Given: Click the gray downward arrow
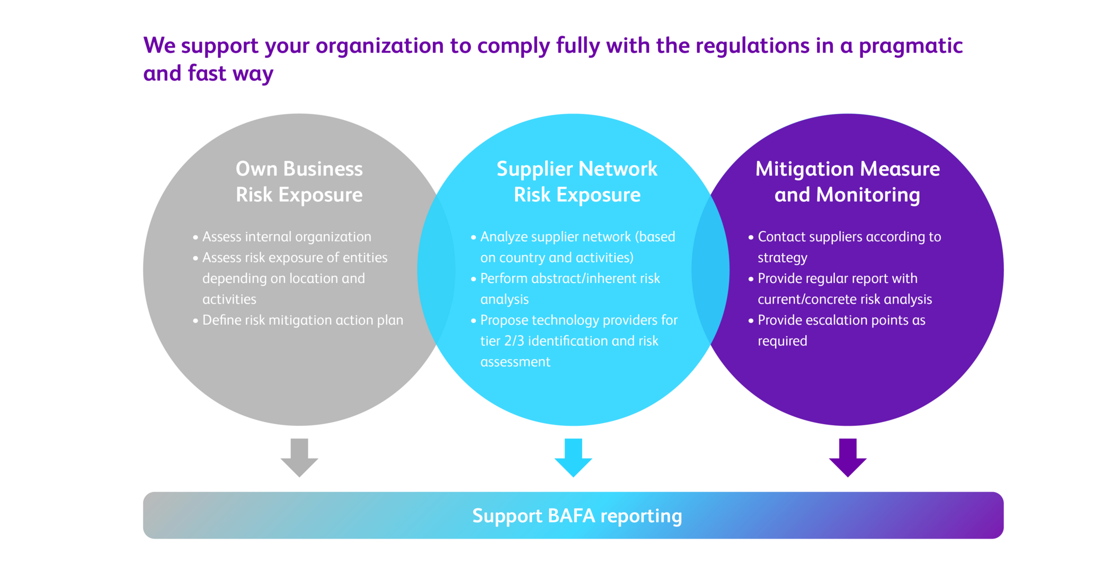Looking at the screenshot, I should click(299, 457).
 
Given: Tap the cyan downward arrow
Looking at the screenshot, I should click(573, 457).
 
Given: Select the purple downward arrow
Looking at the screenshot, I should click(848, 457).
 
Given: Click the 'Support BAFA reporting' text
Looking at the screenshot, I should click(577, 516).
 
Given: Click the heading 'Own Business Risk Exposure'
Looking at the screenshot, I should click(299, 182).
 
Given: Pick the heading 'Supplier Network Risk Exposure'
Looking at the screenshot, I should click(577, 182).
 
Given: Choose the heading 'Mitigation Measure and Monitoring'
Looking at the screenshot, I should click(848, 182).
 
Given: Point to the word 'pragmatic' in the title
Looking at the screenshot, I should click(910, 46).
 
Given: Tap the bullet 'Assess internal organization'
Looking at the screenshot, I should click(287, 237).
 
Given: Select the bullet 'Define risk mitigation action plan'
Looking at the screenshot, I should click(303, 320).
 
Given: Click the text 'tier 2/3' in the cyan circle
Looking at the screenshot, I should click(502, 341).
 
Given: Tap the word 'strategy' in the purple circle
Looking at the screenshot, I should click(782, 258).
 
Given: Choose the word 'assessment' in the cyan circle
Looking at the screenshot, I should click(515, 362).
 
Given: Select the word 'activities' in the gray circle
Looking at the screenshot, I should click(229, 299).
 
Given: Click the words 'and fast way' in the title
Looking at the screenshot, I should click(208, 74).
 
